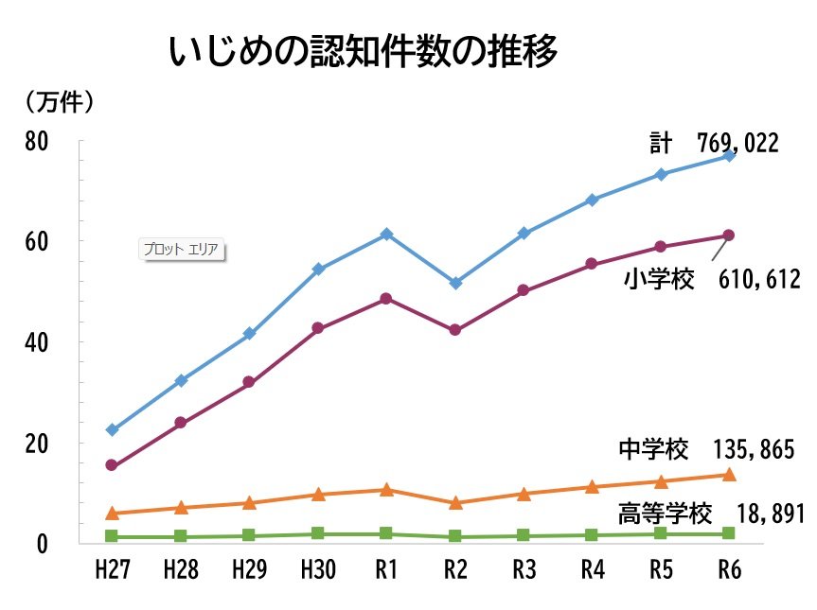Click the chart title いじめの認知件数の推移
[364, 54]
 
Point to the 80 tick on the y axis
[37, 142]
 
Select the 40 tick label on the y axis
[37, 342]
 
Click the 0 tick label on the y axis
[43, 544]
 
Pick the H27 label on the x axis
[112, 570]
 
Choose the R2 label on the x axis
[455, 570]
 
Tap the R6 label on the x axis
[728, 570]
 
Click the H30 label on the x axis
[318, 570]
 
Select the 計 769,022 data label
[714, 143]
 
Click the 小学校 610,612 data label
[713, 279]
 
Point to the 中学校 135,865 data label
[706, 449]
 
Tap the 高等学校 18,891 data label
[710, 514]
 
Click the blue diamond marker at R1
[386, 234]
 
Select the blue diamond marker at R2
[455, 283]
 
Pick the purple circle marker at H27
[112, 465]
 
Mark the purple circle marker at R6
[728, 235]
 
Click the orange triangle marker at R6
[728, 475]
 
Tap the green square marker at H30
[318, 533]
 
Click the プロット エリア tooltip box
[180, 250]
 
